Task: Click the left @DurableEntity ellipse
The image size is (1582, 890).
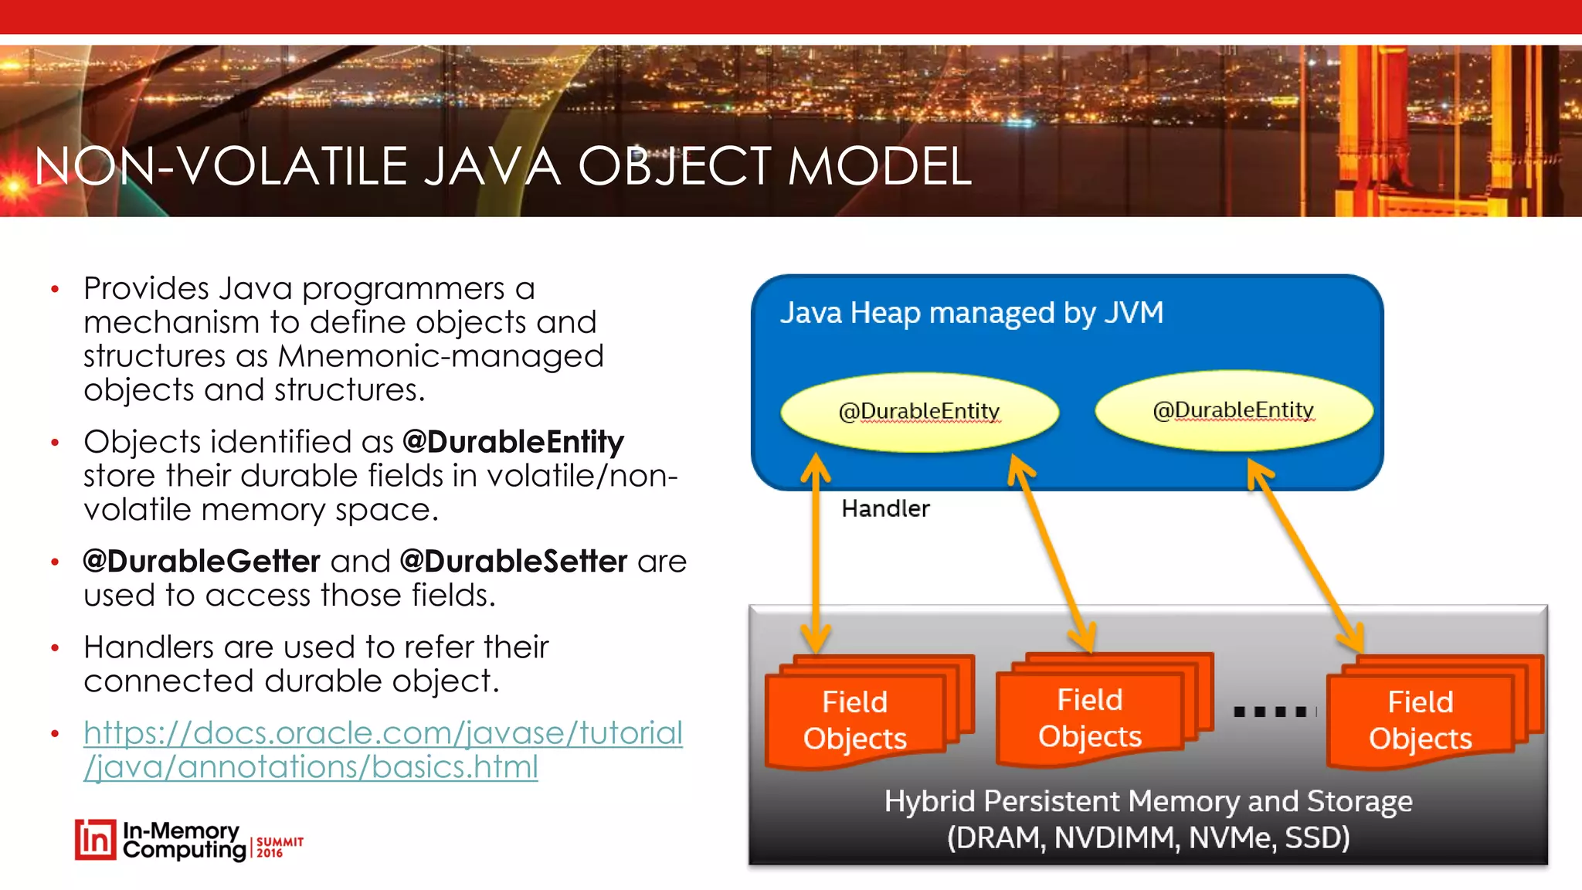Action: click(919, 412)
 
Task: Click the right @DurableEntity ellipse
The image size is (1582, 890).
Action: click(1233, 410)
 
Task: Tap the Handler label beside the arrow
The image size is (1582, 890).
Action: click(885, 508)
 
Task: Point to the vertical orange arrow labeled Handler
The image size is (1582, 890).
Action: click(816, 553)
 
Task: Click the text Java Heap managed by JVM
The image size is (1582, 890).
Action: click(971, 313)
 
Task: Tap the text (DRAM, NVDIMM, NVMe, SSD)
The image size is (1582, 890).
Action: click(1148, 837)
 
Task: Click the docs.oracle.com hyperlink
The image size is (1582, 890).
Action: click(382, 749)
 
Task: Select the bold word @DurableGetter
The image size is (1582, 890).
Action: click(202, 562)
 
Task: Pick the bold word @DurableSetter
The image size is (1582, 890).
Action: click(514, 562)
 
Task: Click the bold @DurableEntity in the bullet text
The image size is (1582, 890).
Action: click(513, 442)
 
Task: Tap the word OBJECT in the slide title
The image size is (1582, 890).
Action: click(674, 167)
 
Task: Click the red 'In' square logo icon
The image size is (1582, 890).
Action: click(96, 840)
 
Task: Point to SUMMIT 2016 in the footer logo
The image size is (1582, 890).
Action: click(279, 847)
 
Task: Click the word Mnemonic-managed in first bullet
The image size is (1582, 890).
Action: click(440, 356)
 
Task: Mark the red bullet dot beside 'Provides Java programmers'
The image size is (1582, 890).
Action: click(55, 290)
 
